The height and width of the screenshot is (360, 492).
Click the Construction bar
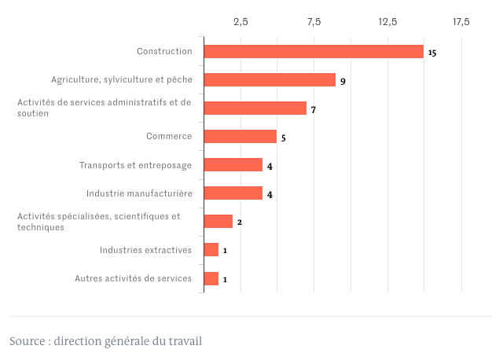(x=314, y=52)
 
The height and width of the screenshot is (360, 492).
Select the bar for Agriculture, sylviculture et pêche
(x=270, y=80)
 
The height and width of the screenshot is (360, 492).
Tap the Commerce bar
(x=240, y=137)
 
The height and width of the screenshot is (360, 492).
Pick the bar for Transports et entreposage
(x=233, y=165)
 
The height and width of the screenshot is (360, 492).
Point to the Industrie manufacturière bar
(x=233, y=193)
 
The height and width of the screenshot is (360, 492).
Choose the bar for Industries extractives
(x=211, y=250)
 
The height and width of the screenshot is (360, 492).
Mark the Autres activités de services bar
(x=211, y=278)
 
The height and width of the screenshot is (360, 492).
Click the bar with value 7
(x=255, y=108)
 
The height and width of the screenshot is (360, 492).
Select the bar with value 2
(x=218, y=222)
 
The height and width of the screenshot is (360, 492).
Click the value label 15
(x=431, y=53)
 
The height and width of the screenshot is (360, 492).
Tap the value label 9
(x=343, y=81)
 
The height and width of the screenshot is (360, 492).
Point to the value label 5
(x=283, y=138)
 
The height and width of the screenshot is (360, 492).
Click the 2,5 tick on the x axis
(x=240, y=21)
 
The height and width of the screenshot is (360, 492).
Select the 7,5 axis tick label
(x=314, y=21)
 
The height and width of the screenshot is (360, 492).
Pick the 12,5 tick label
(x=387, y=21)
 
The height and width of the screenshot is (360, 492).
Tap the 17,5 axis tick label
(x=461, y=21)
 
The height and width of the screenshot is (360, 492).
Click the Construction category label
(x=164, y=51)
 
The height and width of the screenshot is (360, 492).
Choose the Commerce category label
(x=169, y=136)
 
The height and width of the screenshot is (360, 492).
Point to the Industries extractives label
(x=145, y=250)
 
